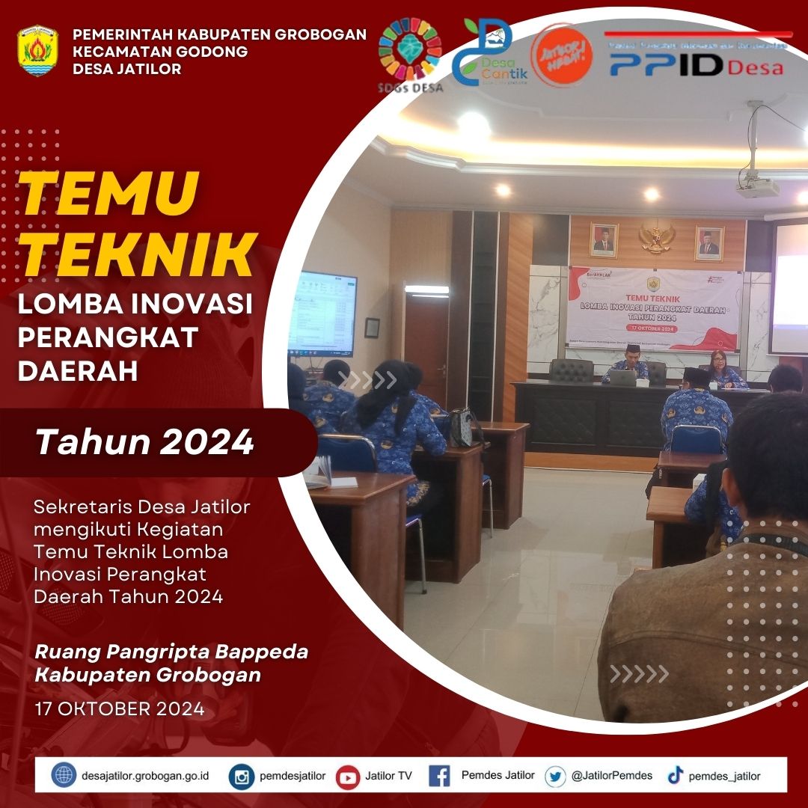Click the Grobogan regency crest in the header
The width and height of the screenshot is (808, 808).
point(37,51)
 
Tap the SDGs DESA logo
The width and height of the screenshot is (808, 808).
point(410,56)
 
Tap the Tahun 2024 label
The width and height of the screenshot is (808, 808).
point(145,443)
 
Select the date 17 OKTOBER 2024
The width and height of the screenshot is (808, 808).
point(120,708)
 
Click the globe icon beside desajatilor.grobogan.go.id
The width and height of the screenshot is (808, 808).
point(64,775)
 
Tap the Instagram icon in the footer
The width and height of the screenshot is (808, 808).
point(242,776)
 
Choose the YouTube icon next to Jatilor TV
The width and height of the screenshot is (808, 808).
point(348,777)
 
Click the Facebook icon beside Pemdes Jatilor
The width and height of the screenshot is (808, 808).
point(439,776)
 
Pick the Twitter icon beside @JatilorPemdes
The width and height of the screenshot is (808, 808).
point(555,776)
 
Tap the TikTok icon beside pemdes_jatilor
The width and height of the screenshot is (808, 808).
point(676,776)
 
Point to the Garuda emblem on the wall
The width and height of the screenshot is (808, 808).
point(658,237)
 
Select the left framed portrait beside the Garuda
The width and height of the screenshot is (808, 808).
point(604,240)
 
